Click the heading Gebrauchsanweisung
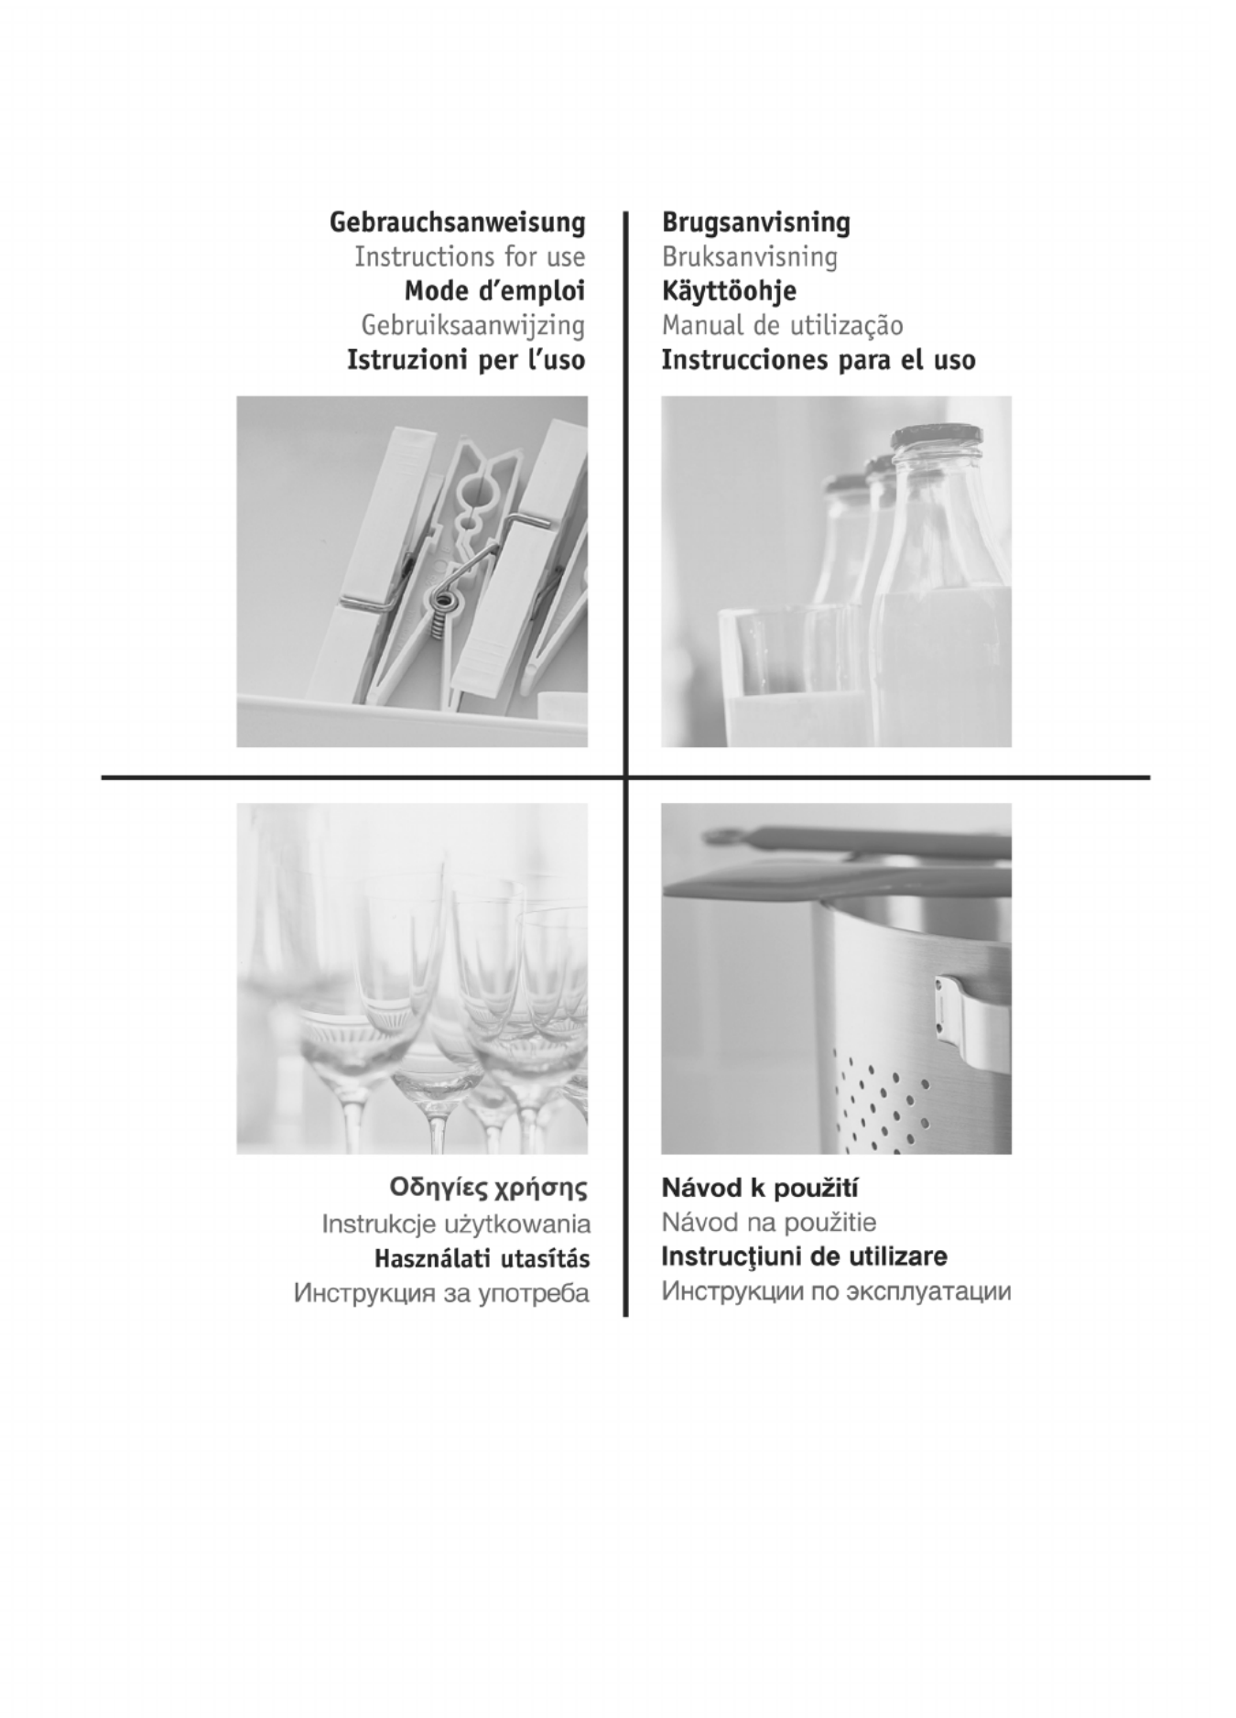click(457, 223)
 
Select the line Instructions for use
click(470, 256)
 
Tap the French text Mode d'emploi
click(494, 291)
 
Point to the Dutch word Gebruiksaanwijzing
click(473, 326)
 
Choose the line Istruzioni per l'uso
click(466, 360)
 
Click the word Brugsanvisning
click(756, 223)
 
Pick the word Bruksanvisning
click(750, 257)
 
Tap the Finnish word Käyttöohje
click(729, 292)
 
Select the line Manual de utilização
click(783, 325)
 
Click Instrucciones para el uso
click(819, 360)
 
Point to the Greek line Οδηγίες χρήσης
click(488, 1190)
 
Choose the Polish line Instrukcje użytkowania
click(456, 1224)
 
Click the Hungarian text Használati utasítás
click(482, 1258)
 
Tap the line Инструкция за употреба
click(441, 1293)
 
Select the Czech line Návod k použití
click(760, 1189)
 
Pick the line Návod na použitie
click(769, 1223)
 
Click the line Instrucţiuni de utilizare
click(805, 1256)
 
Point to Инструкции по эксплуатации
click(837, 1292)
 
